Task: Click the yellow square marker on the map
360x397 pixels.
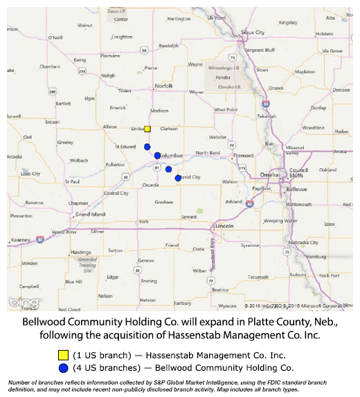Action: click(x=147, y=129)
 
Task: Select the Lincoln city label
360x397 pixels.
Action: click(x=224, y=227)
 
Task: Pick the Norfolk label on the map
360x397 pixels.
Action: click(x=163, y=86)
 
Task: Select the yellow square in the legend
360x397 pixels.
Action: click(x=64, y=355)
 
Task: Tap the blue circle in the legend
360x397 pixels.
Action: click(x=64, y=367)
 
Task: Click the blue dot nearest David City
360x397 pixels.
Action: click(x=179, y=178)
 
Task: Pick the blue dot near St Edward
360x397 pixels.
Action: click(x=147, y=147)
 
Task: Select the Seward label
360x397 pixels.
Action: click(x=189, y=217)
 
